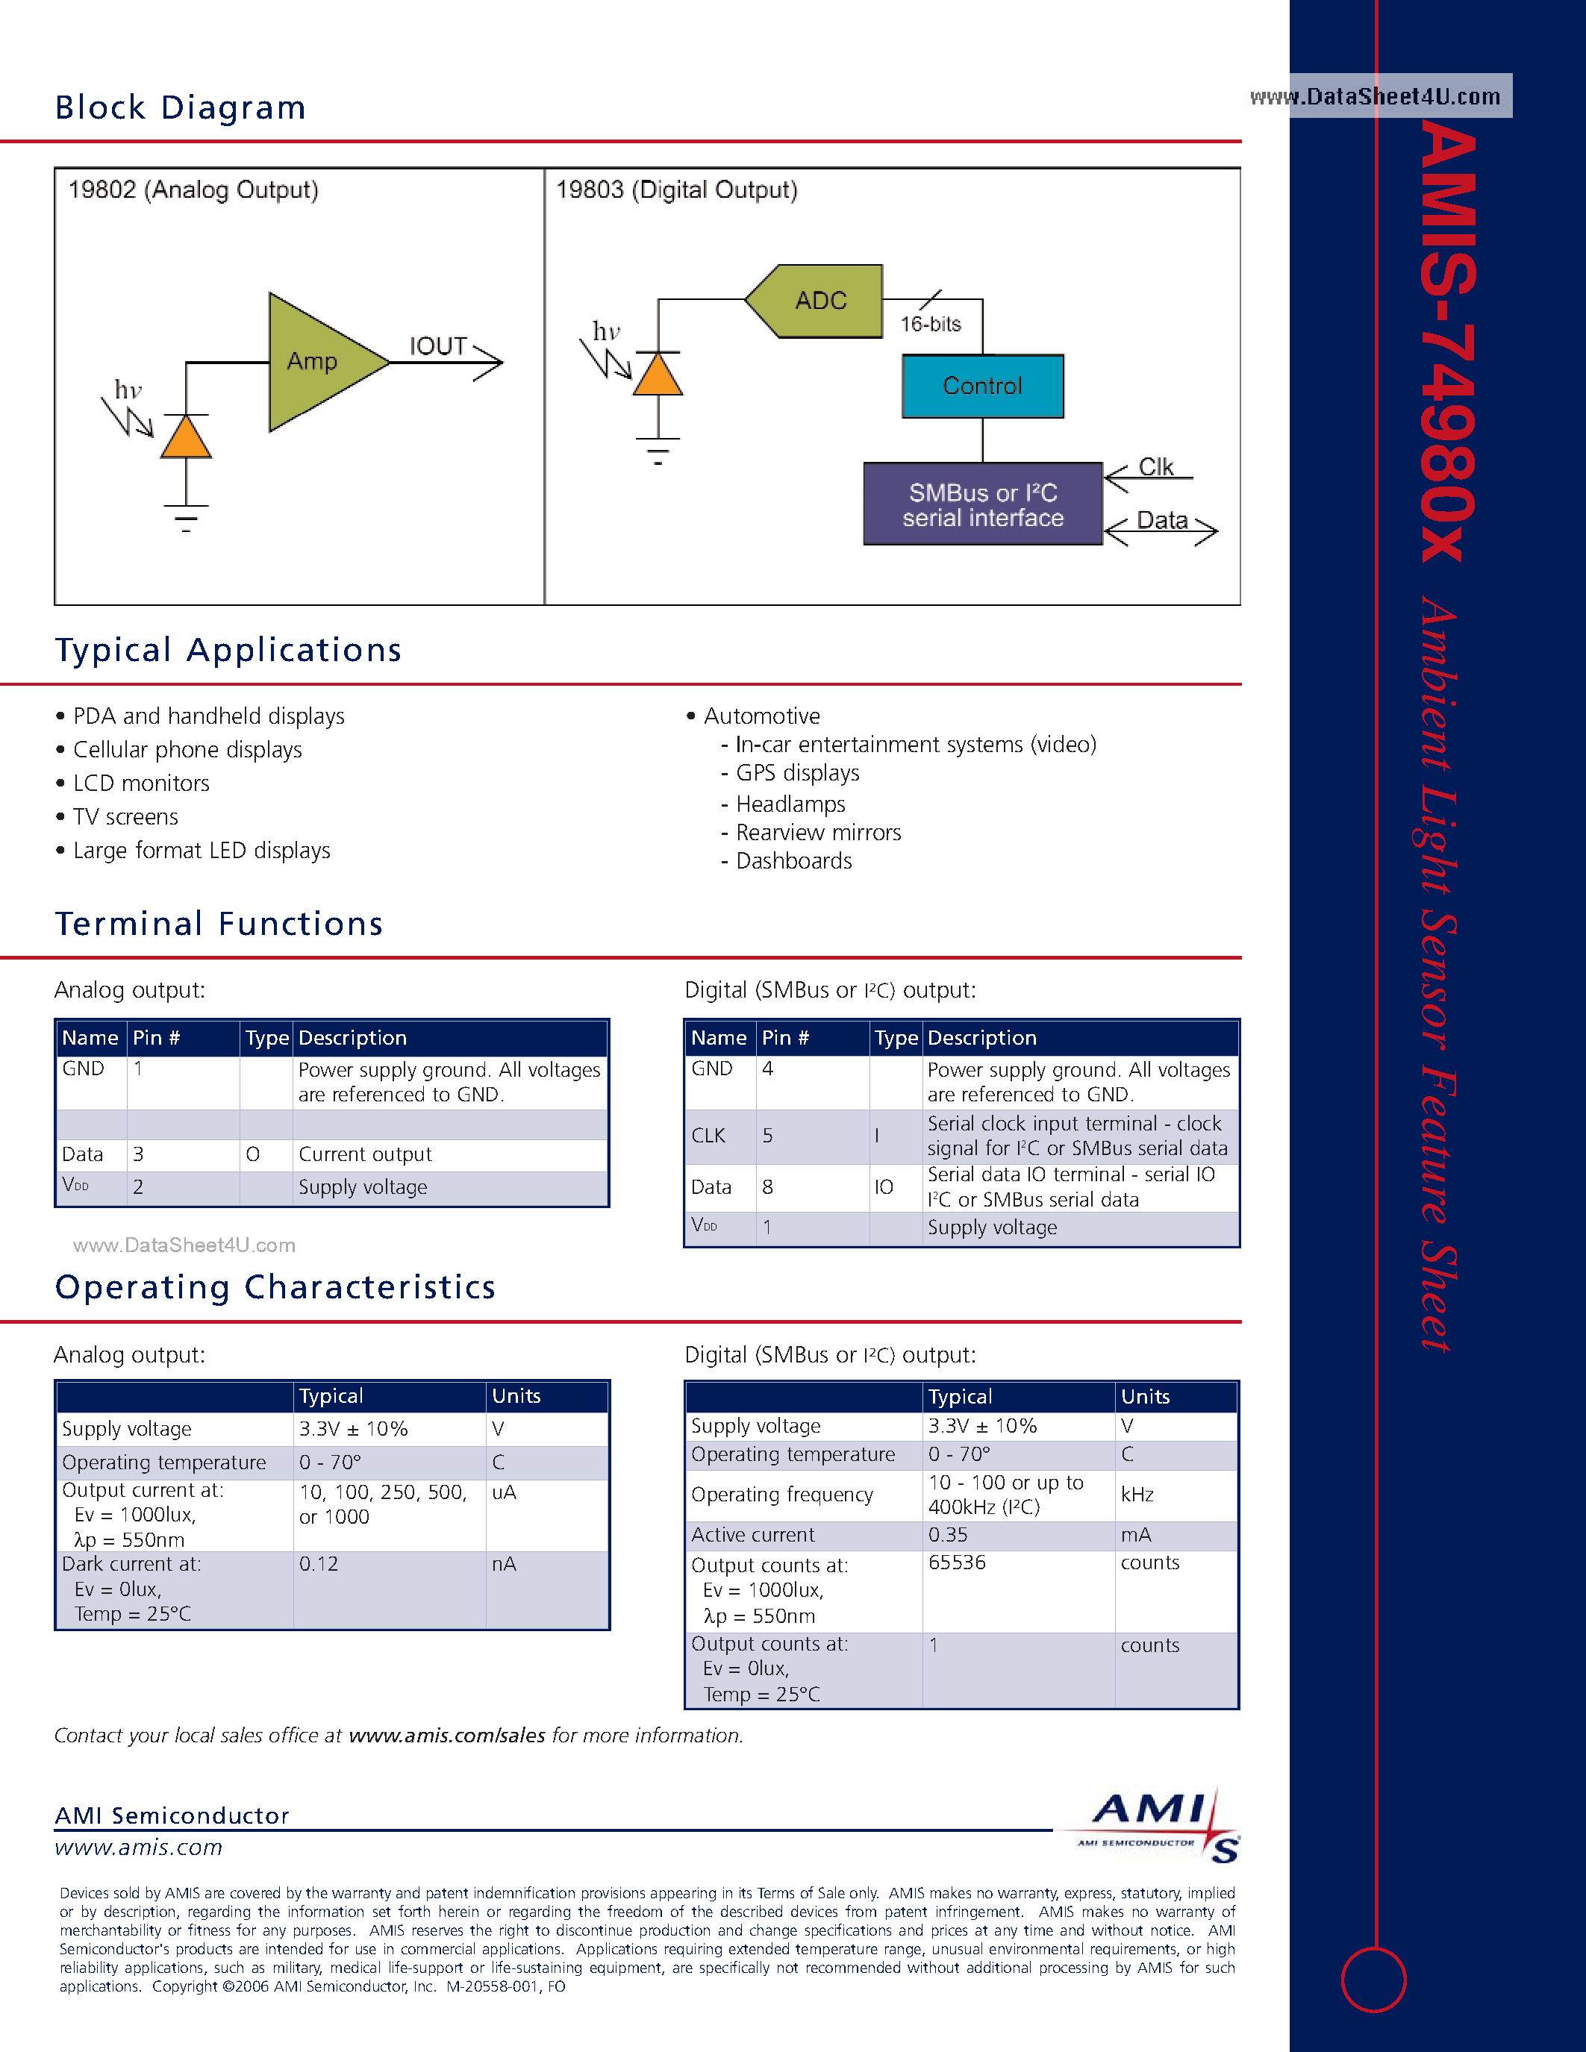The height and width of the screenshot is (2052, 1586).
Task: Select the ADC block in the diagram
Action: [818, 301]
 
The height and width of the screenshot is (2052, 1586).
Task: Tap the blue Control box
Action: [982, 387]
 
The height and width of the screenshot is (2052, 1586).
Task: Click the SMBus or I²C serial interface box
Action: [982, 504]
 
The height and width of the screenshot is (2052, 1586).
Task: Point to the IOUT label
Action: [438, 347]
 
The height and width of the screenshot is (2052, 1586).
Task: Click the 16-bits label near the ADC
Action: [930, 324]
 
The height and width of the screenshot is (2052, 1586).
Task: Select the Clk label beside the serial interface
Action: [1155, 467]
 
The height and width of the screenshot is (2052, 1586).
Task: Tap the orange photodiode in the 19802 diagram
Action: [186, 438]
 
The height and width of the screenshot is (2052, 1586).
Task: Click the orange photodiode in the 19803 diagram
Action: [658, 376]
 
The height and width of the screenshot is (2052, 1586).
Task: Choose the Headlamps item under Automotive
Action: [790, 804]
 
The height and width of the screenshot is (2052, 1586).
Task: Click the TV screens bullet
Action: [125, 816]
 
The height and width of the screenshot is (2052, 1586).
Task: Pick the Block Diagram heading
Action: [181, 108]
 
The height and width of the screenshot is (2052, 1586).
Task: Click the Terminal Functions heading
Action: [219, 924]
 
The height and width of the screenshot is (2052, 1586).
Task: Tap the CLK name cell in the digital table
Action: [708, 1136]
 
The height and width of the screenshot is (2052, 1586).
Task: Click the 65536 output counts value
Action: [957, 1563]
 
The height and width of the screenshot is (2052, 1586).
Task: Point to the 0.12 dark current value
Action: [319, 1564]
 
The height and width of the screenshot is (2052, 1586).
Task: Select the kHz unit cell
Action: [1137, 1495]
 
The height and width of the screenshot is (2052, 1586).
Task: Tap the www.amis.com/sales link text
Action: [446, 1736]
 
